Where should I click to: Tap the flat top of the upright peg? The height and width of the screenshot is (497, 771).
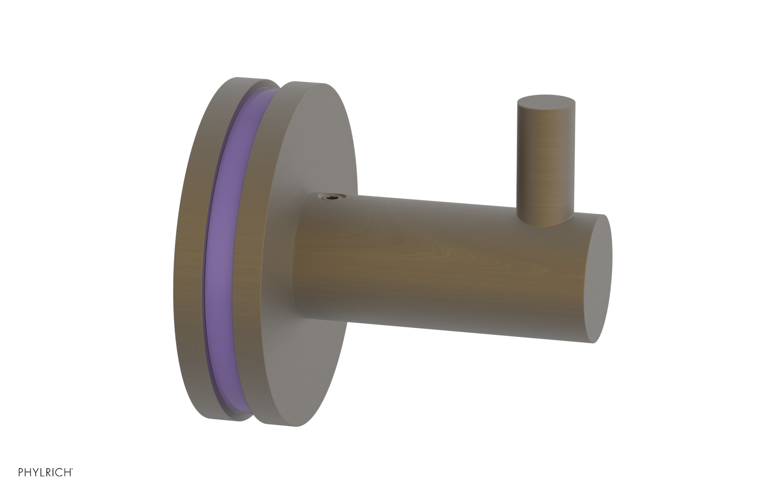546,102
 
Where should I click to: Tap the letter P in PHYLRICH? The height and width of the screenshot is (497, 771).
21,472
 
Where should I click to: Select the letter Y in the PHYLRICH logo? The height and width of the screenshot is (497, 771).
35,472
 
